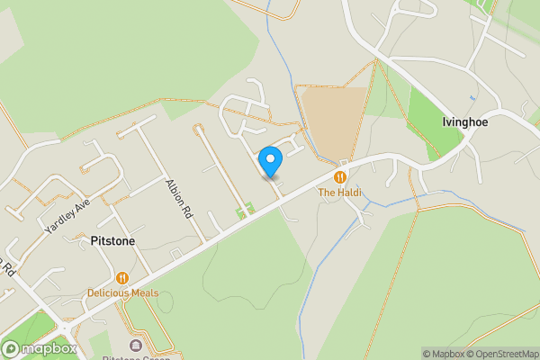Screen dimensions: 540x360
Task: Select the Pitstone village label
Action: tap(113, 240)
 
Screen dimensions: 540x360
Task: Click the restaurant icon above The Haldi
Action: tap(340, 176)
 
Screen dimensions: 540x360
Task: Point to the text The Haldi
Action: tap(339, 193)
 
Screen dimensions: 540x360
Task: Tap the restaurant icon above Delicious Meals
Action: tap(122, 278)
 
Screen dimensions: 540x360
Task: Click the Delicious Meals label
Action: tap(122, 293)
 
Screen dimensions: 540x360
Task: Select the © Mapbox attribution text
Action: tap(441, 354)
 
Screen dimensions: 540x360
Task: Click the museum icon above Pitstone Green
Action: tap(136, 346)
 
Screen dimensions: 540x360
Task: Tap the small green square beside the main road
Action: tap(240, 211)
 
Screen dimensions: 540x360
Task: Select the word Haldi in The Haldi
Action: tap(348, 193)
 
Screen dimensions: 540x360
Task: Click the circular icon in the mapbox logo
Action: tap(11, 349)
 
